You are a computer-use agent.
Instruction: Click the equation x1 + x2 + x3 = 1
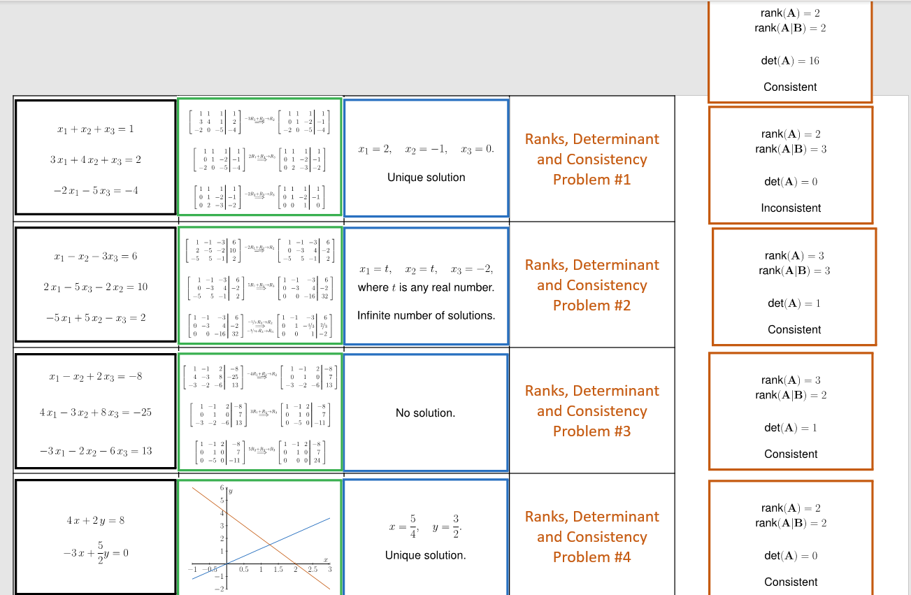[95, 129]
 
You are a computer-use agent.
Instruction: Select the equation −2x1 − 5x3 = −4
[95, 191]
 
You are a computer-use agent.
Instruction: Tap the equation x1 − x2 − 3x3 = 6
[95, 256]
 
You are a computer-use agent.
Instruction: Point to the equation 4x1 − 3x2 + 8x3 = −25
[95, 413]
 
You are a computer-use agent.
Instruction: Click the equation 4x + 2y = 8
[95, 521]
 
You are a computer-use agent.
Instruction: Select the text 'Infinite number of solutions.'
[426, 316]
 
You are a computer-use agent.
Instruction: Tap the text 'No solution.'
[425, 413]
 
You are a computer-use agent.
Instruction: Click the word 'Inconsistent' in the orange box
[791, 208]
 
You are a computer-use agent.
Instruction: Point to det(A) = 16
[790, 61]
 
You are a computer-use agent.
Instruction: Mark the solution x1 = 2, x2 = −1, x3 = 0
[426, 150]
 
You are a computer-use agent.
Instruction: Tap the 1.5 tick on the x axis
[278, 570]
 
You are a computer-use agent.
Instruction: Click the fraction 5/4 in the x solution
[413, 526]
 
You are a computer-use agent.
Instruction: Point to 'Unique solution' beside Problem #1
[426, 178]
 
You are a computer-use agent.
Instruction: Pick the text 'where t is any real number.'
[426, 287]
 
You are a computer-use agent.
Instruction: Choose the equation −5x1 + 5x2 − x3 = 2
[95, 318]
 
